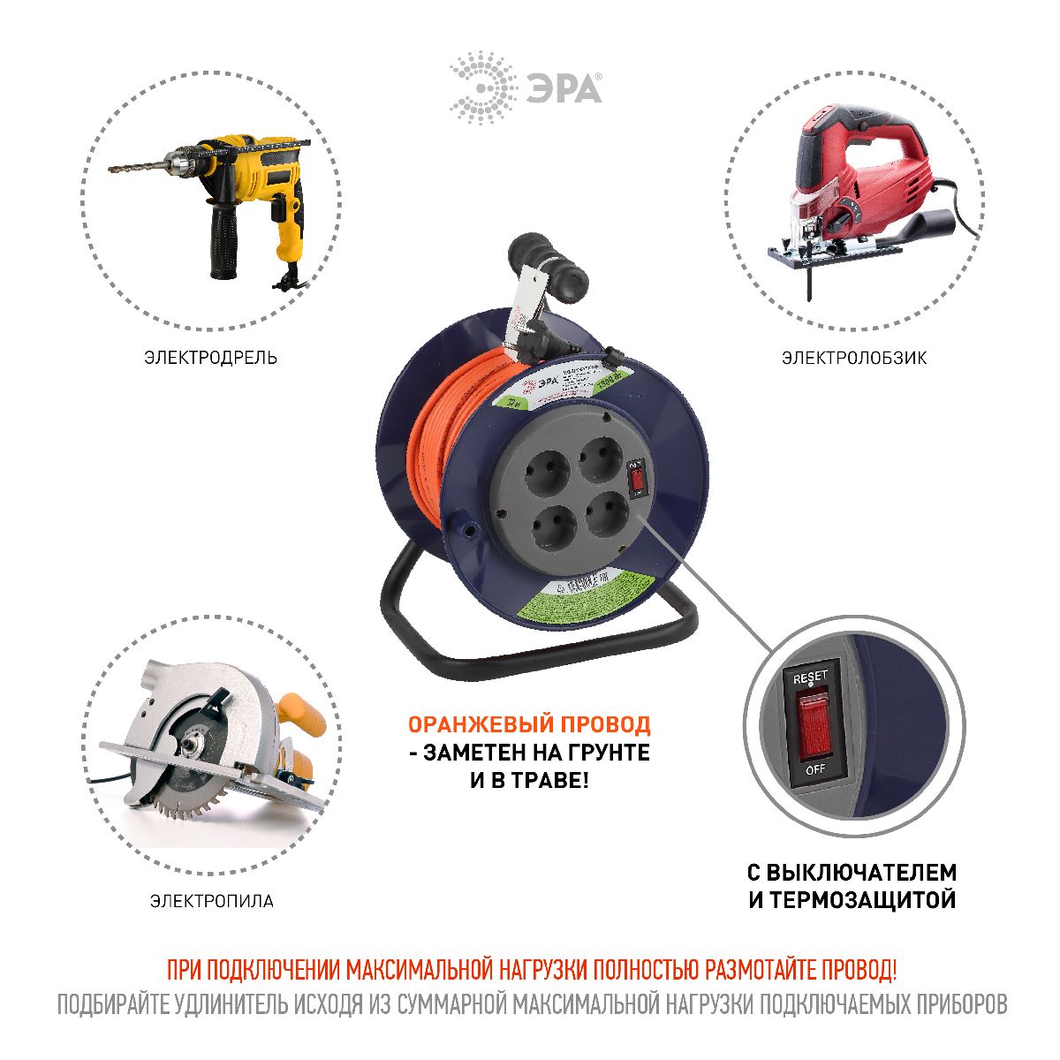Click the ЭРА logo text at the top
tap(564, 89)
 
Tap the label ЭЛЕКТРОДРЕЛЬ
tap(210, 358)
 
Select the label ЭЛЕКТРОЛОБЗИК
tap(854, 358)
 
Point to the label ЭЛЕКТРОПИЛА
tap(212, 901)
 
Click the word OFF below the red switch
tap(814, 768)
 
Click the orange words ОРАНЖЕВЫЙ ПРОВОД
tap(528, 725)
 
